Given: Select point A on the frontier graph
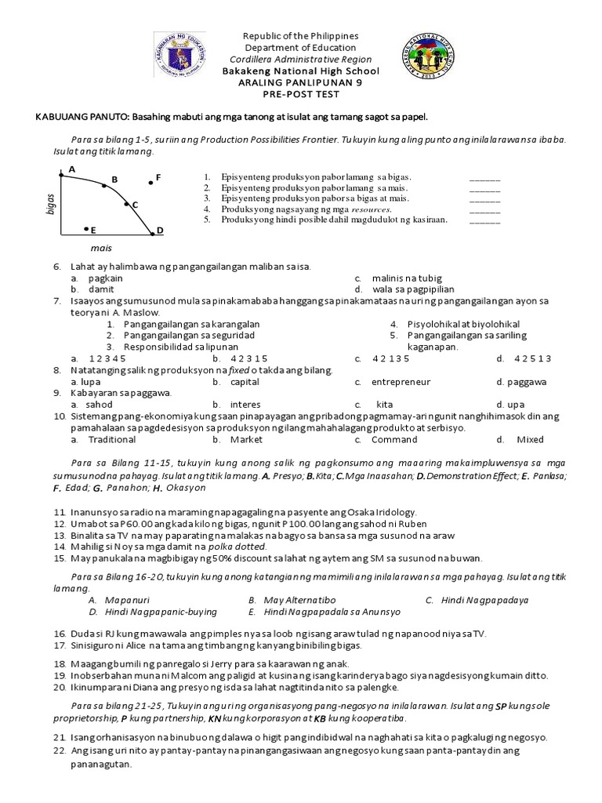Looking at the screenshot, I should [63, 175].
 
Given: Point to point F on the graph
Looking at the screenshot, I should [150, 183].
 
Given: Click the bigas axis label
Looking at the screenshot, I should [51, 202].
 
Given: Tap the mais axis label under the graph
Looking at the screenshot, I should [100, 249].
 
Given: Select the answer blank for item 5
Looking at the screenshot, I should [484, 220].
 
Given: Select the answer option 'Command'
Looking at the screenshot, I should [394, 440].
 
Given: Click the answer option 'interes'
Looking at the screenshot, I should [245, 405].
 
